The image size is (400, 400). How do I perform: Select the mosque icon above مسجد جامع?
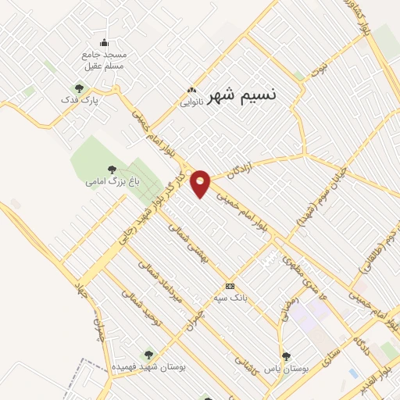tap(105, 42)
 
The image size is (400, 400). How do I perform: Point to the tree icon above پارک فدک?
tap(79, 87)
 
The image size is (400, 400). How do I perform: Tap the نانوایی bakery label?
tap(191, 102)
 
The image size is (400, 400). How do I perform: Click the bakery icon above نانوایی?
tap(191, 89)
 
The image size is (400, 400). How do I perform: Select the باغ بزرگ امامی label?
tap(112, 181)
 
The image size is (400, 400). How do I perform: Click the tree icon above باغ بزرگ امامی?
tap(112, 168)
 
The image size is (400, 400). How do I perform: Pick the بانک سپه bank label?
tap(230, 298)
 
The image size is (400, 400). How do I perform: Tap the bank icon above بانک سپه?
tap(230, 285)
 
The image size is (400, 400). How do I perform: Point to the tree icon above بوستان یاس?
tap(286, 355)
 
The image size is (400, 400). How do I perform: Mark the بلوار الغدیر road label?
tap(371, 381)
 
